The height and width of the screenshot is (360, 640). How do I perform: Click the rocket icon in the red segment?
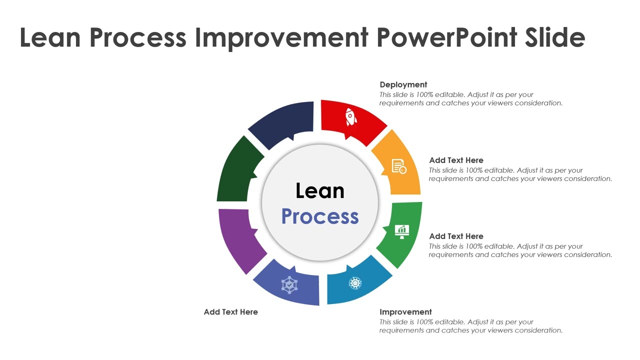[x=351, y=117]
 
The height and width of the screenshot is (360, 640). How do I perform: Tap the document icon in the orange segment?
[x=398, y=166]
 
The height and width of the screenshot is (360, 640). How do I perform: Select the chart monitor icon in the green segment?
[x=402, y=231]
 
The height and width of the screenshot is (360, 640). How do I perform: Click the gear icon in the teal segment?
[x=355, y=283]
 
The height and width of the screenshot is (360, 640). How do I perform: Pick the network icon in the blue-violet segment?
[x=289, y=285]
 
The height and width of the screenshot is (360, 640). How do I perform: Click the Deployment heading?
[x=403, y=84]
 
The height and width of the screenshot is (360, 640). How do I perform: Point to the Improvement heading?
[x=405, y=312]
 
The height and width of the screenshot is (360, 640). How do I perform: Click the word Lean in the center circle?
[x=320, y=191]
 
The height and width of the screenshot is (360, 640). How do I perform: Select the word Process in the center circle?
[x=320, y=216]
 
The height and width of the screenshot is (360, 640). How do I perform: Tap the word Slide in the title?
[x=555, y=37]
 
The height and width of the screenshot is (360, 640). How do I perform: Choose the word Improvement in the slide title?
[x=281, y=37]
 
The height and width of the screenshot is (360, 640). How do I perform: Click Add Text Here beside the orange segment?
[x=456, y=160]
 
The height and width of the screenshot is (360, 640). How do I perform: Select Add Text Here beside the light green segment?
[x=456, y=236]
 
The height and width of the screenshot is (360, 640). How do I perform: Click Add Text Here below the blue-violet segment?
[x=230, y=312]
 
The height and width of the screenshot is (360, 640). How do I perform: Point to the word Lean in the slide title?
[x=50, y=37]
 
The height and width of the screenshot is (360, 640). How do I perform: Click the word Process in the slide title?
[x=138, y=37]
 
